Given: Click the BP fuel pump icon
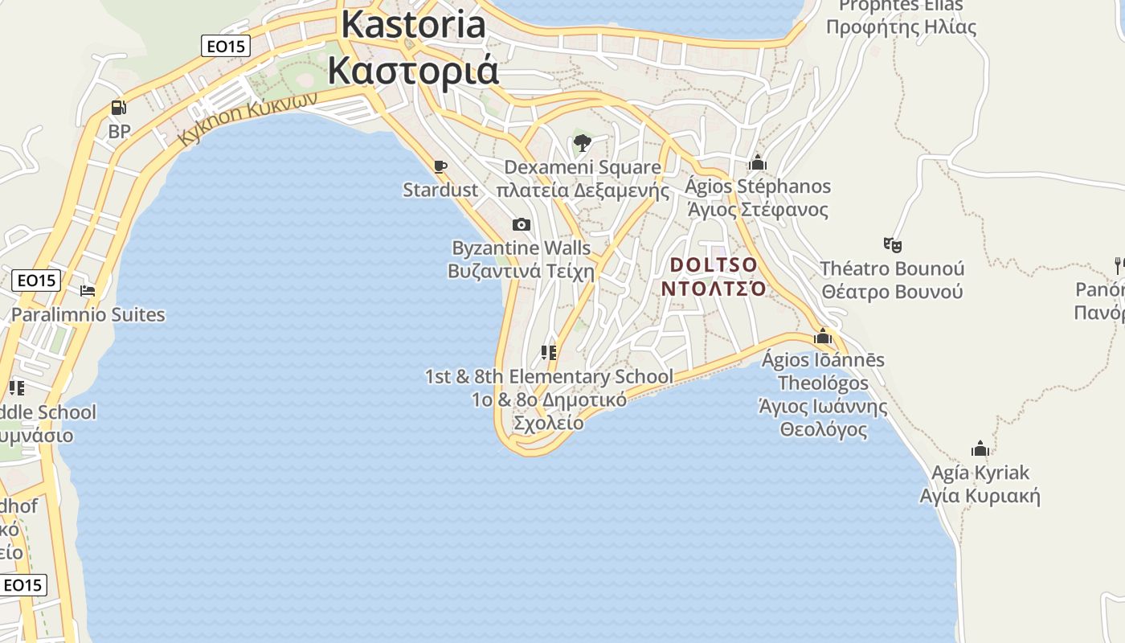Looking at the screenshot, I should (x=118, y=108).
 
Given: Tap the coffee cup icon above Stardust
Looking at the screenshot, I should (x=440, y=166).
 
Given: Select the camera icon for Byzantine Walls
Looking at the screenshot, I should (x=522, y=224).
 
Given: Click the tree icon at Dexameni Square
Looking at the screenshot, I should (x=583, y=144).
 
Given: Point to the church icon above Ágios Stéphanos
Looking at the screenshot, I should (x=758, y=163).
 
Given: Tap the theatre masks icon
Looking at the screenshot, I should (x=891, y=244).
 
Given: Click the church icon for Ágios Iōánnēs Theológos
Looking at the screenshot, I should (x=823, y=336).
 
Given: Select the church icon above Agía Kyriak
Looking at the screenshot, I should (x=980, y=448).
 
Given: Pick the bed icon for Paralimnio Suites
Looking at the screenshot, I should (x=88, y=290).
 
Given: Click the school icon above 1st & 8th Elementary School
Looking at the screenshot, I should (x=549, y=353).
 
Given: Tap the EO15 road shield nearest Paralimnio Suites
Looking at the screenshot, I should (x=37, y=281).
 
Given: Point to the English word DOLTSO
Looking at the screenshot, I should (x=714, y=264).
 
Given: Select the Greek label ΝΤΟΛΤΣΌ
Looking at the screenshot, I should (x=714, y=288).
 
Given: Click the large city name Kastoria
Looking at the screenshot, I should (x=413, y=24).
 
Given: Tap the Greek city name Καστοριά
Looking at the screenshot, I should (x=413, y=70).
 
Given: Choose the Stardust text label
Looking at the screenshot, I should (x=440, y=190).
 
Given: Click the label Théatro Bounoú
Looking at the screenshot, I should (x=892, y=268).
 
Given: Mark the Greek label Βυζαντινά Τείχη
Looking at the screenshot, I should (x=521, y=271).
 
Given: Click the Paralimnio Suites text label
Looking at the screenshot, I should (x=88, y=314).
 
